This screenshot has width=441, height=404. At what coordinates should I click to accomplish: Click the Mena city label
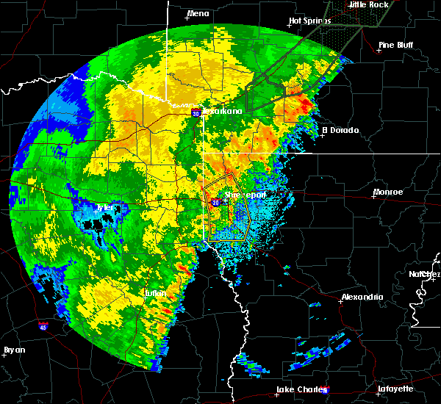[198, 13]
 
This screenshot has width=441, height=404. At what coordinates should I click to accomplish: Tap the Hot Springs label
[306, 21]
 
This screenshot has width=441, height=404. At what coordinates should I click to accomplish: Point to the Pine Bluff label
[395, 45]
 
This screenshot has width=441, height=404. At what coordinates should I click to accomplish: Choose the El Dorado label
[340, 130]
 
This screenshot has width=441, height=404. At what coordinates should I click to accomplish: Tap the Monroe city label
[387, 192]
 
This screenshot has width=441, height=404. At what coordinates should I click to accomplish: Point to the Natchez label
[424, 274]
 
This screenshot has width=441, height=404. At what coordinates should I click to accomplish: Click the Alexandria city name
[362, 297]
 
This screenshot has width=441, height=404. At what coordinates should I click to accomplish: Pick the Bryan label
[14, 350]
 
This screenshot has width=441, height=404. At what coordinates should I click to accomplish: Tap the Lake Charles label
[298, 389]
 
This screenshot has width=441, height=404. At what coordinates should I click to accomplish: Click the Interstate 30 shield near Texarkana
[196, 113]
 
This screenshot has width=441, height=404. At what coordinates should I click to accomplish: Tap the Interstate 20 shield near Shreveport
[215, 201]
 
